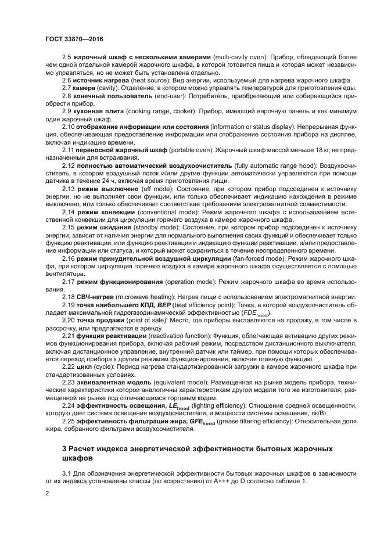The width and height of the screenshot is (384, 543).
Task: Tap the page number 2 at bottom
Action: (48, 494)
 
